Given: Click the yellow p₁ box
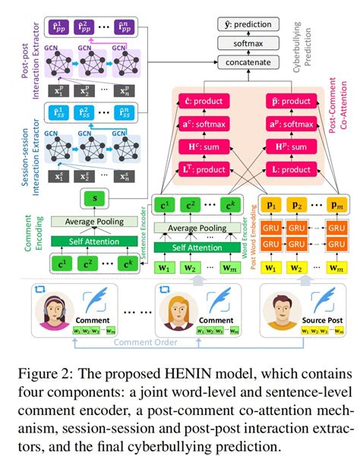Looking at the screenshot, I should click(270, 205).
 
